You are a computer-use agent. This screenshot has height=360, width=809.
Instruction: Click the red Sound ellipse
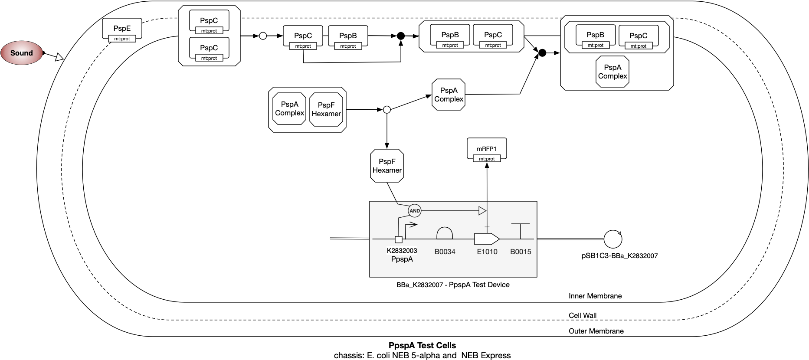[21, 53]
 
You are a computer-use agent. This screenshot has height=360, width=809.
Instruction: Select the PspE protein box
[122, 29]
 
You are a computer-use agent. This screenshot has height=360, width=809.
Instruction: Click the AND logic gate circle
[415, 211]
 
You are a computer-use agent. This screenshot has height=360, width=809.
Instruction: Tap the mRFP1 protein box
[486, 149]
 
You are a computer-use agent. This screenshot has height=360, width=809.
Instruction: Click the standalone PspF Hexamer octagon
[387, 166]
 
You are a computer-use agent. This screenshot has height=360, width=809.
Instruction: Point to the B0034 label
[445, 252]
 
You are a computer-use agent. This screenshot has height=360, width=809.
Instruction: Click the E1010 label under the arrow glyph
[487, 252]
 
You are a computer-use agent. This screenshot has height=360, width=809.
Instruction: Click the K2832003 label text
[402, 251]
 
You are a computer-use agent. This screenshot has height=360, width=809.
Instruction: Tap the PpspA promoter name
[402, 259]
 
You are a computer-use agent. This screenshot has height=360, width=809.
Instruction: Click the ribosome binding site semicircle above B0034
[444, 234]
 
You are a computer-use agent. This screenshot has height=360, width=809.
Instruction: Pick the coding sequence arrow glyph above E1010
[486, 239]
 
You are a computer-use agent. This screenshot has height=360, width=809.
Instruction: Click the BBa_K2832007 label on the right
[634, 256]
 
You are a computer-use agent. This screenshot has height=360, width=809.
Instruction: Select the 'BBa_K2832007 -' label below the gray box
[422, 285]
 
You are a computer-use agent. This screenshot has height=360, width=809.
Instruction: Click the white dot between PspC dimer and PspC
[263, 36]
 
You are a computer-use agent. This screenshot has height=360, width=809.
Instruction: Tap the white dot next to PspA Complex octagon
[386, 110]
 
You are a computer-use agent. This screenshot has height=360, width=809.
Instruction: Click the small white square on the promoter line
[398, 239]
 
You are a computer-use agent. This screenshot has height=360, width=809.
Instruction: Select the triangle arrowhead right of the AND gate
[482, 211]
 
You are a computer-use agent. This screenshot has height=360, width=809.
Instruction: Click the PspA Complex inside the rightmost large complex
[612, 72]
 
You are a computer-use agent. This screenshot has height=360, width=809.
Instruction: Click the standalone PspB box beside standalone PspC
[348, 36]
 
